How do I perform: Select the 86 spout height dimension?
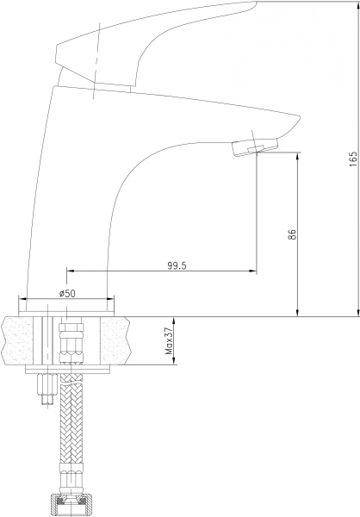292,234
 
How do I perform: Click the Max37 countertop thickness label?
171,340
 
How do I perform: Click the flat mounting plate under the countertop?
68,370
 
